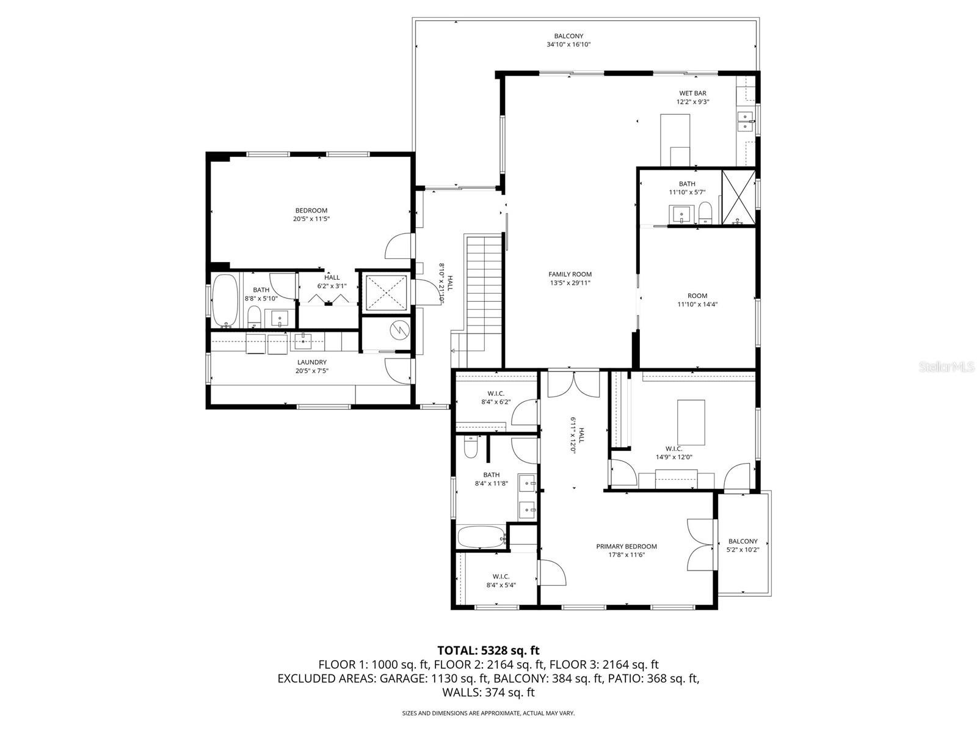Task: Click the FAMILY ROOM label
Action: coord(570,274)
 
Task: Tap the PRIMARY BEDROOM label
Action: coord(627,546)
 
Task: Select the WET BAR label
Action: coord(692,93)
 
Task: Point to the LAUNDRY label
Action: coord(311,362)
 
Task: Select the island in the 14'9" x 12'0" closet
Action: coord(691,422)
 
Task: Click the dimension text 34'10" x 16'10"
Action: coord(568,45)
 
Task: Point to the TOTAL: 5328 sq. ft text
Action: coord(488,650)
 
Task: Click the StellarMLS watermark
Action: coord(946,366)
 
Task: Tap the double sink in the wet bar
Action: coord(746,122)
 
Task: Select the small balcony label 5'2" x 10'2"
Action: coord(743,550)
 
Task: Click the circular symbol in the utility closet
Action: coord(396,330)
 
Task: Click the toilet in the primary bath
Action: coord(470,447)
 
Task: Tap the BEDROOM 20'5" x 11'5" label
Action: coord(311,214)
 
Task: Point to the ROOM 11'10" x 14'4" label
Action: coord(697,300)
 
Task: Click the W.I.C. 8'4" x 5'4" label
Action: coord(501,581)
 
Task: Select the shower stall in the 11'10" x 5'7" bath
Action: coord(738,197)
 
